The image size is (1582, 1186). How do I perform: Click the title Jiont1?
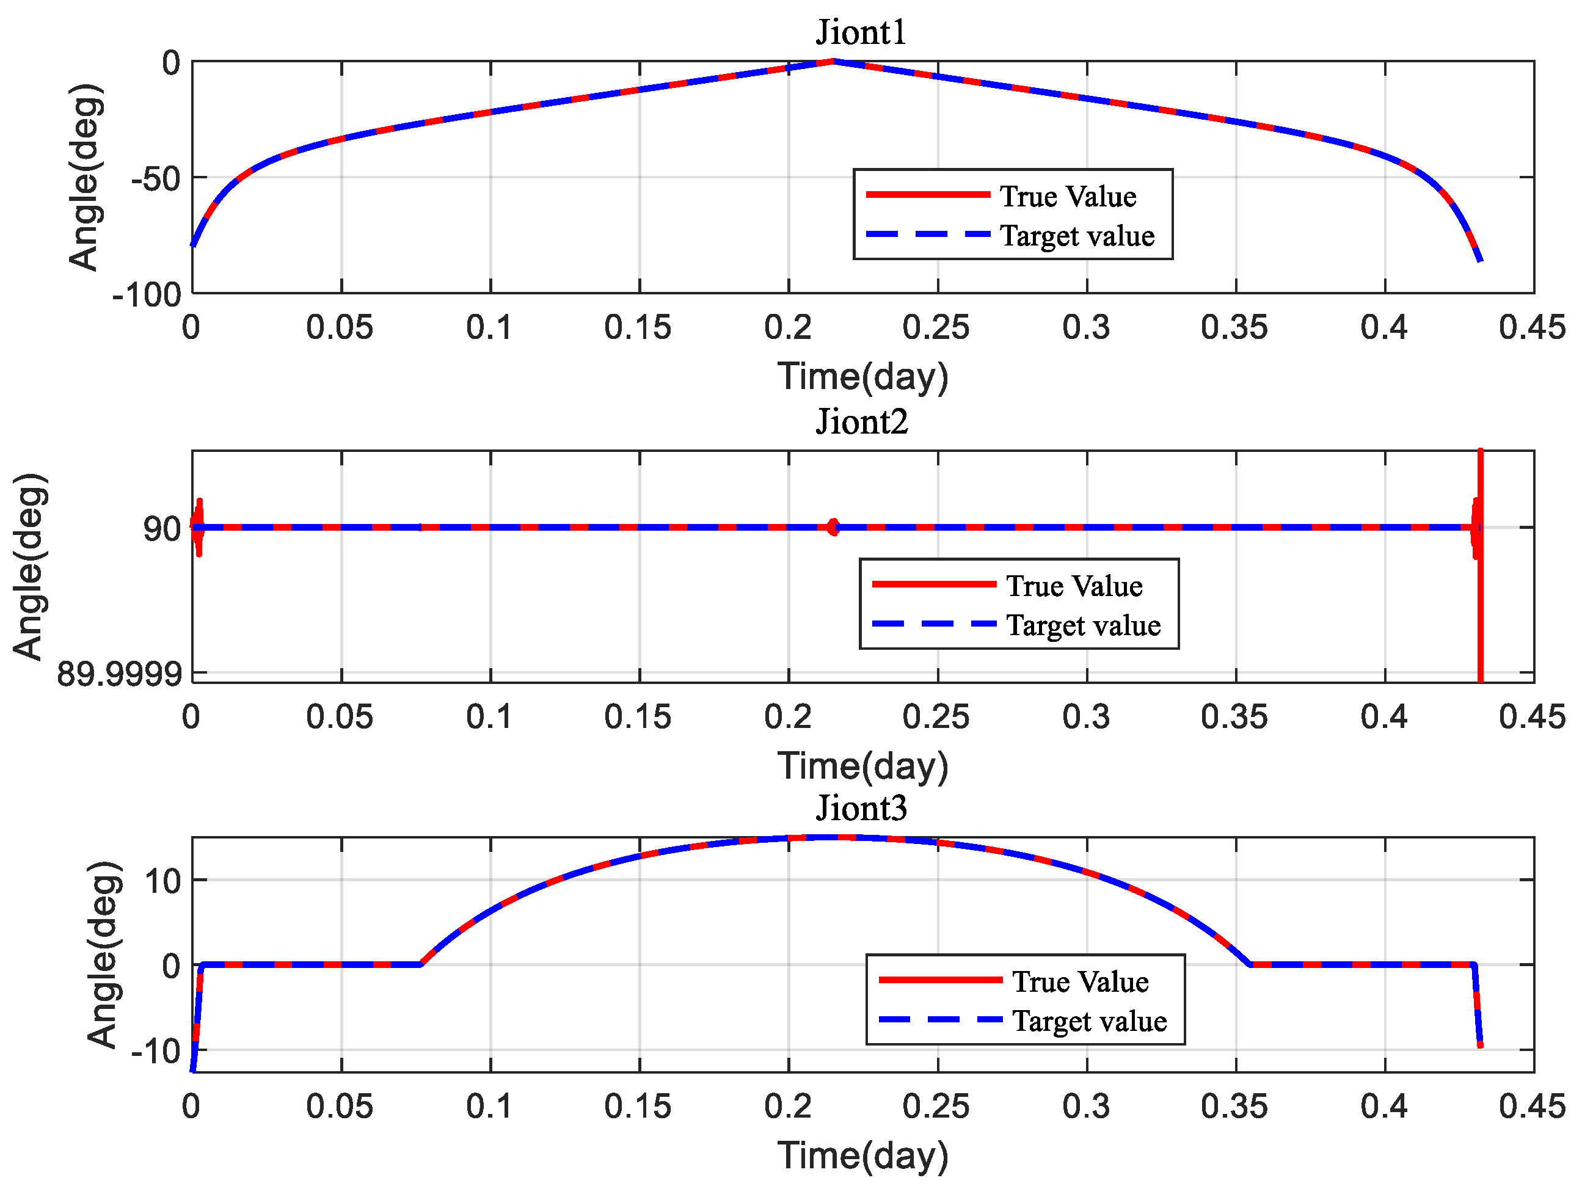click(x=861, y=33)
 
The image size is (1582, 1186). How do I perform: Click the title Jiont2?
click(x=862, y=422)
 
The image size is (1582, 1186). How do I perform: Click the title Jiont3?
click(x=861, y=809)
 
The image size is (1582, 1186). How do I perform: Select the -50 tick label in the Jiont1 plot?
click(x=156, y=179)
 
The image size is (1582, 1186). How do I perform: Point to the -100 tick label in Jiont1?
click(x=147, y=295)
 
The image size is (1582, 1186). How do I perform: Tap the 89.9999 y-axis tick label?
click(x=118, y=674)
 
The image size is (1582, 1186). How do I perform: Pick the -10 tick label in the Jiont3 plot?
click(x=156, y=1051)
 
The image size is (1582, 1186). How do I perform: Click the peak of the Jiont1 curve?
click(x=833, y=62)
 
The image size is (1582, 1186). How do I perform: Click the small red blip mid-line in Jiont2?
click(x=833, y=527)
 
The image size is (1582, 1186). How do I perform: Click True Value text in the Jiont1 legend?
click(x=1068, y=196)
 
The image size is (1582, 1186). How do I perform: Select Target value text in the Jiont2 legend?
click(x=1083, y=625)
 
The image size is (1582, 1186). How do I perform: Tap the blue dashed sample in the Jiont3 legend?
click(x=940, y=1019)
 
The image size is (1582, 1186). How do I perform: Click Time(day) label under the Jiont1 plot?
click(x=862, y=376)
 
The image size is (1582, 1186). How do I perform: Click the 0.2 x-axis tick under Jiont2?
click(x=787, y=716)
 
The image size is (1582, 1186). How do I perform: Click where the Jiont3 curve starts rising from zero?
click(x=421, y=964)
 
